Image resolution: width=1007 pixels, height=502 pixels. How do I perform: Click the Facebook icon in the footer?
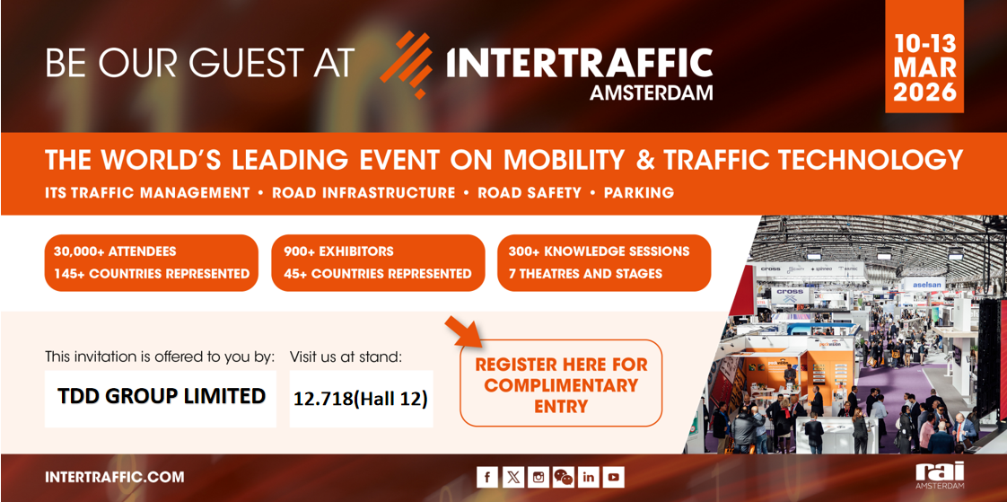[487, 477]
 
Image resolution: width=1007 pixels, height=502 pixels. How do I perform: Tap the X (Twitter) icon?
[512, 477]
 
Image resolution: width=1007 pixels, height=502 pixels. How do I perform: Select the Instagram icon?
[538, 477]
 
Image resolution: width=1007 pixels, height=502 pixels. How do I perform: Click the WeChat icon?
[563, 477]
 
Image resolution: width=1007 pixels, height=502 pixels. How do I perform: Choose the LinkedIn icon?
[588, 477]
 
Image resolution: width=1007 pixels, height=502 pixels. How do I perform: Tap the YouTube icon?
[613, 477]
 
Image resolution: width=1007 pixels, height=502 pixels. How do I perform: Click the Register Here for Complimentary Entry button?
[561, 384]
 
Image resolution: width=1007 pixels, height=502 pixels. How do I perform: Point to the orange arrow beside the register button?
[464, 330]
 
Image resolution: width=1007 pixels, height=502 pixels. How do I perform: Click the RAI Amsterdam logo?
[940, 475]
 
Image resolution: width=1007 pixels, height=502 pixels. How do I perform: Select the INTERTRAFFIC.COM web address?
[114, 477]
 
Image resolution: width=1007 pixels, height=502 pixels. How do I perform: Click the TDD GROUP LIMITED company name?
[162, 396]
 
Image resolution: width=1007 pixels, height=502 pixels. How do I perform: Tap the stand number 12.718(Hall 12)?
[361, 398]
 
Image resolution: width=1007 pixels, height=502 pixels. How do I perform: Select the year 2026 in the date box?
[924, 92]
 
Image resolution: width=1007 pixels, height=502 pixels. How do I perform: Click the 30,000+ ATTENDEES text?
[115, 251]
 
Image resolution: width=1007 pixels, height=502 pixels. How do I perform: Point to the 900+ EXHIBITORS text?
[338, 251]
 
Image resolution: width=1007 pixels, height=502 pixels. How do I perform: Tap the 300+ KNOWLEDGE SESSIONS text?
[599, 251]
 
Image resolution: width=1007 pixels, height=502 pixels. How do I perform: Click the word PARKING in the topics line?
[638, 192]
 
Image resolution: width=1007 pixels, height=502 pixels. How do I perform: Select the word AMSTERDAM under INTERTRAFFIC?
[651, 92]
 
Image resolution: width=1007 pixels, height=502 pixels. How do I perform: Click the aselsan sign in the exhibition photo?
[926, 284]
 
